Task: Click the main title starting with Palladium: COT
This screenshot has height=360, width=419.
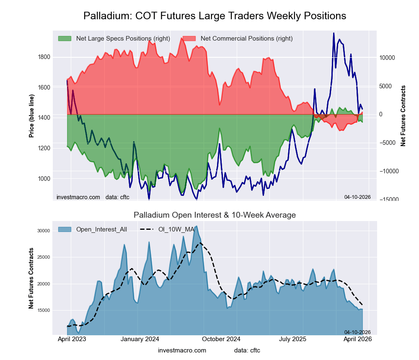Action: click(x=215, y=16)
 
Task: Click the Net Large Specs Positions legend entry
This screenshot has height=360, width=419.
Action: click(x=123, y=39)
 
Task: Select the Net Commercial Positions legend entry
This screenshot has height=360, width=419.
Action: click(x=246, y=39)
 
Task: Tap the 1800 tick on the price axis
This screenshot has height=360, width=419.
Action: click(x=44, y=57)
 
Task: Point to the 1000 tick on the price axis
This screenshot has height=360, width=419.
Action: click(x=44, y=179)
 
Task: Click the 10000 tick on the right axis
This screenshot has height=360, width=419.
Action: click(x=387, y=57)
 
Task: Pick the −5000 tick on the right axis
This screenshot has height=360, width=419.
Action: click(x=387, y=143)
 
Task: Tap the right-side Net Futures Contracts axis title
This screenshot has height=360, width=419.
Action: click(x=403, y=116)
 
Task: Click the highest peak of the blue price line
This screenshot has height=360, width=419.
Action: click(x=334, y=33)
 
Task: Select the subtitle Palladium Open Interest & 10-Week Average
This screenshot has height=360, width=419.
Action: click(x=215, y=215)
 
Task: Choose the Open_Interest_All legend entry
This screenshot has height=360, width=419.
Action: click(x=101, y=229)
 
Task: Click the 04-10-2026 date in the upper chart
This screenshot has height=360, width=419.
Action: click(x=357, y=197)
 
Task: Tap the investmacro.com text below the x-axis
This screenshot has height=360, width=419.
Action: click(x=182, y=350)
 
